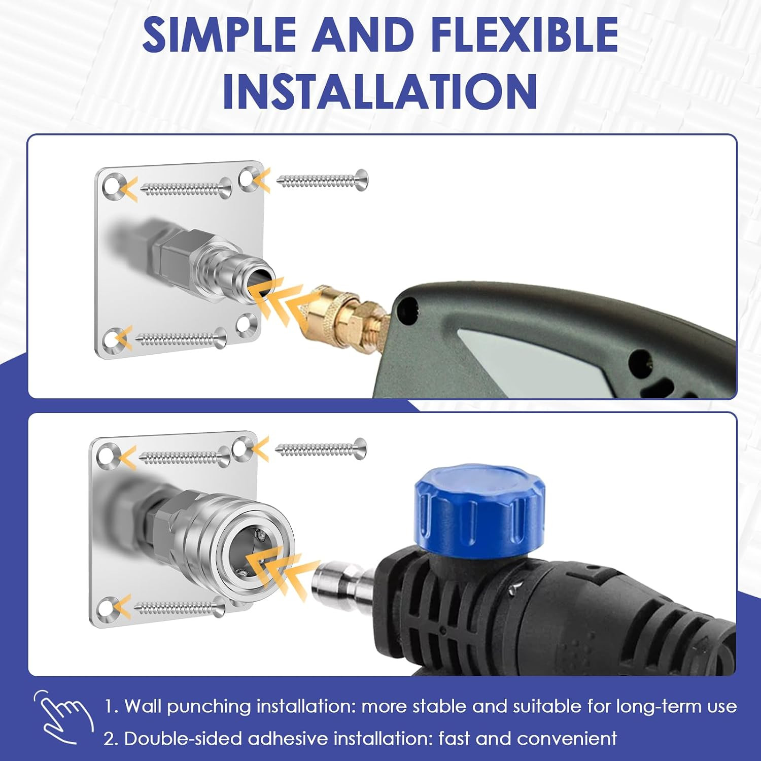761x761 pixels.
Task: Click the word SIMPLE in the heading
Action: point(219,34)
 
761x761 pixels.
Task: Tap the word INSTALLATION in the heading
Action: point(380,91)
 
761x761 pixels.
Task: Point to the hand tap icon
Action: point(63,716)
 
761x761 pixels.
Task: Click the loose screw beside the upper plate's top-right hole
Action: point(323,180)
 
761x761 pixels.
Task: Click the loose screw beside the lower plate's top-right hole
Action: point(321,448)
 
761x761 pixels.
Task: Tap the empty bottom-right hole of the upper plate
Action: point(248,324)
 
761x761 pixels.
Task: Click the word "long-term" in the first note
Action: point(659,707)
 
